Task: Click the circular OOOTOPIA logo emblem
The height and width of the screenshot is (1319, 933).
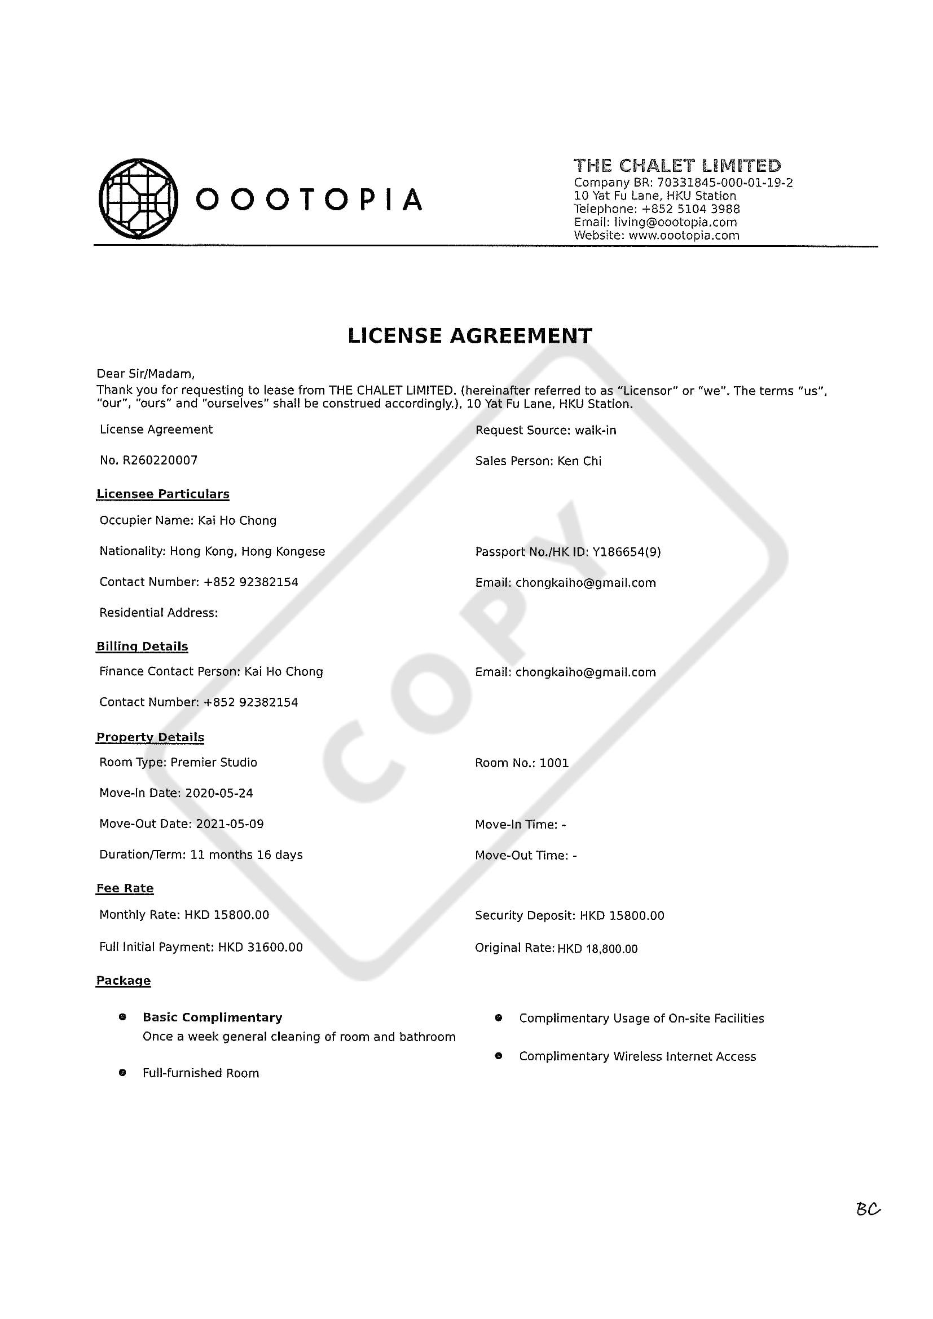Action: tap(138, 198)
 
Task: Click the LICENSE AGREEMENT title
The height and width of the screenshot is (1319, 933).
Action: tap(470, 335)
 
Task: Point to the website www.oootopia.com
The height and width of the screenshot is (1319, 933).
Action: tap(684, 236)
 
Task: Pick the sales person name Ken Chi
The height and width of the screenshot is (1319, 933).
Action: tap(579, 461)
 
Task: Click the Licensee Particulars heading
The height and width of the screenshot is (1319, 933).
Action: tap(162, 494)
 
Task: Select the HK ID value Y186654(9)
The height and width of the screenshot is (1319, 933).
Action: tap(626, 552)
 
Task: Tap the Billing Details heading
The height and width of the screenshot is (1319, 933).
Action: tap(142, 647)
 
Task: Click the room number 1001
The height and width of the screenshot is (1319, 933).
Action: tap(553, 763)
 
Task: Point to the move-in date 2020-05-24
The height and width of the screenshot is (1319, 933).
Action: tap(218, 793)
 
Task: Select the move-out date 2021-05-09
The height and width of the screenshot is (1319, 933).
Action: tap(230, 824)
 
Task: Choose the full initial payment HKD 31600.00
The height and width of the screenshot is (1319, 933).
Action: tap(260, 947)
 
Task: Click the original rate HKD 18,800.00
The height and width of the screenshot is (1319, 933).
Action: tap(597, 949)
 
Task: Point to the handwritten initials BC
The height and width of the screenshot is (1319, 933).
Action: tap(868, 1209)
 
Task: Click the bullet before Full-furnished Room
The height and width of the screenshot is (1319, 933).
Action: tap(122, 1073)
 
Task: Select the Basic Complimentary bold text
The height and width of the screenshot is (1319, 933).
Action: tap(212, 1017)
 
